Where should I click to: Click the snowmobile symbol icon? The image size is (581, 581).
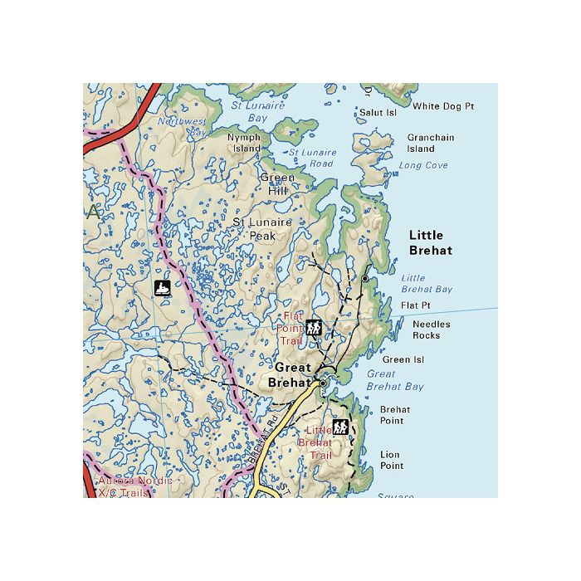click(x=163, y=289)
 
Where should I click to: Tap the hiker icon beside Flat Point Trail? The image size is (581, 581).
click(x=313, y=327)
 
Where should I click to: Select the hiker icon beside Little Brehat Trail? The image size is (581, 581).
click(x=340, y=427)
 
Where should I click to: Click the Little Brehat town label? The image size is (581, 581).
click(x=430, y=242)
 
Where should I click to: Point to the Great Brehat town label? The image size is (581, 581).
click(x=290, y=375)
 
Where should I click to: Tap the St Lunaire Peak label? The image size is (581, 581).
click(x=262, y=229)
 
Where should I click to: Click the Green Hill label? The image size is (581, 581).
click(x=277, y=184)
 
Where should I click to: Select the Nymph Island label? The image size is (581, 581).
click(x=244, y=143)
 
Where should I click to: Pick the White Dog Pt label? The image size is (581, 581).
click(x=443, y=106)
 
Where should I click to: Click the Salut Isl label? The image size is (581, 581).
click(x=378, y=112)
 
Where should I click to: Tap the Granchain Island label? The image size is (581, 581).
click(x=430, y=144)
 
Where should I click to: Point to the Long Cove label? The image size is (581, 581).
click(x=423, y=166)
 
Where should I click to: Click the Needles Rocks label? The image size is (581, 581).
click(x=432, y=330)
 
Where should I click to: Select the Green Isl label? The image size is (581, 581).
click(x=403, y=360)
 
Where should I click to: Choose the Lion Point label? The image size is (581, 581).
click(x=391, y=461)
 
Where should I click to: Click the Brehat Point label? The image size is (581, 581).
click(x=392, y=415)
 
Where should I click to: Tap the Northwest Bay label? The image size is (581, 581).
click(x=183, y=126)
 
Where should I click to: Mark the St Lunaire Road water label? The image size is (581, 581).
click(x=312, y=158)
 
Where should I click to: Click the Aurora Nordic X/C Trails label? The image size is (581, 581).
click(x=135, y=486)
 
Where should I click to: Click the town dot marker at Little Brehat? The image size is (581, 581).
click(x=364, y=279)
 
